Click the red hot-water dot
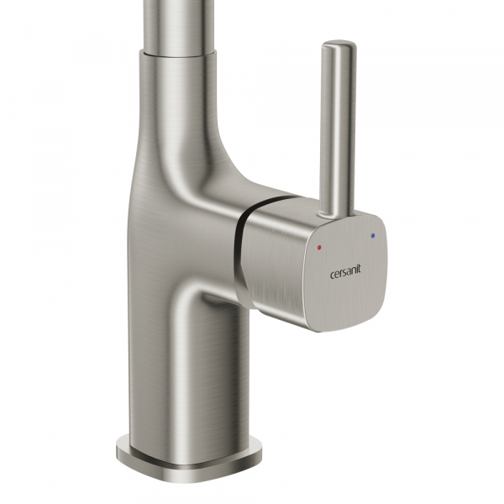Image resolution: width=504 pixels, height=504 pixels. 319,248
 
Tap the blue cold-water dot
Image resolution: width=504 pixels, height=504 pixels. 373,235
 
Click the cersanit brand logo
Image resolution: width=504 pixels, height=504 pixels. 345,271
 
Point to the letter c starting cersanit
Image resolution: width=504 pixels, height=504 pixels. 333,276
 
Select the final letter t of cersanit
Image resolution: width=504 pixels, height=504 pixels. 359,269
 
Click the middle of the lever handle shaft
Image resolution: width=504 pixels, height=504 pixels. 338,129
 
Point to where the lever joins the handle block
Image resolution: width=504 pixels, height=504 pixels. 335,215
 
